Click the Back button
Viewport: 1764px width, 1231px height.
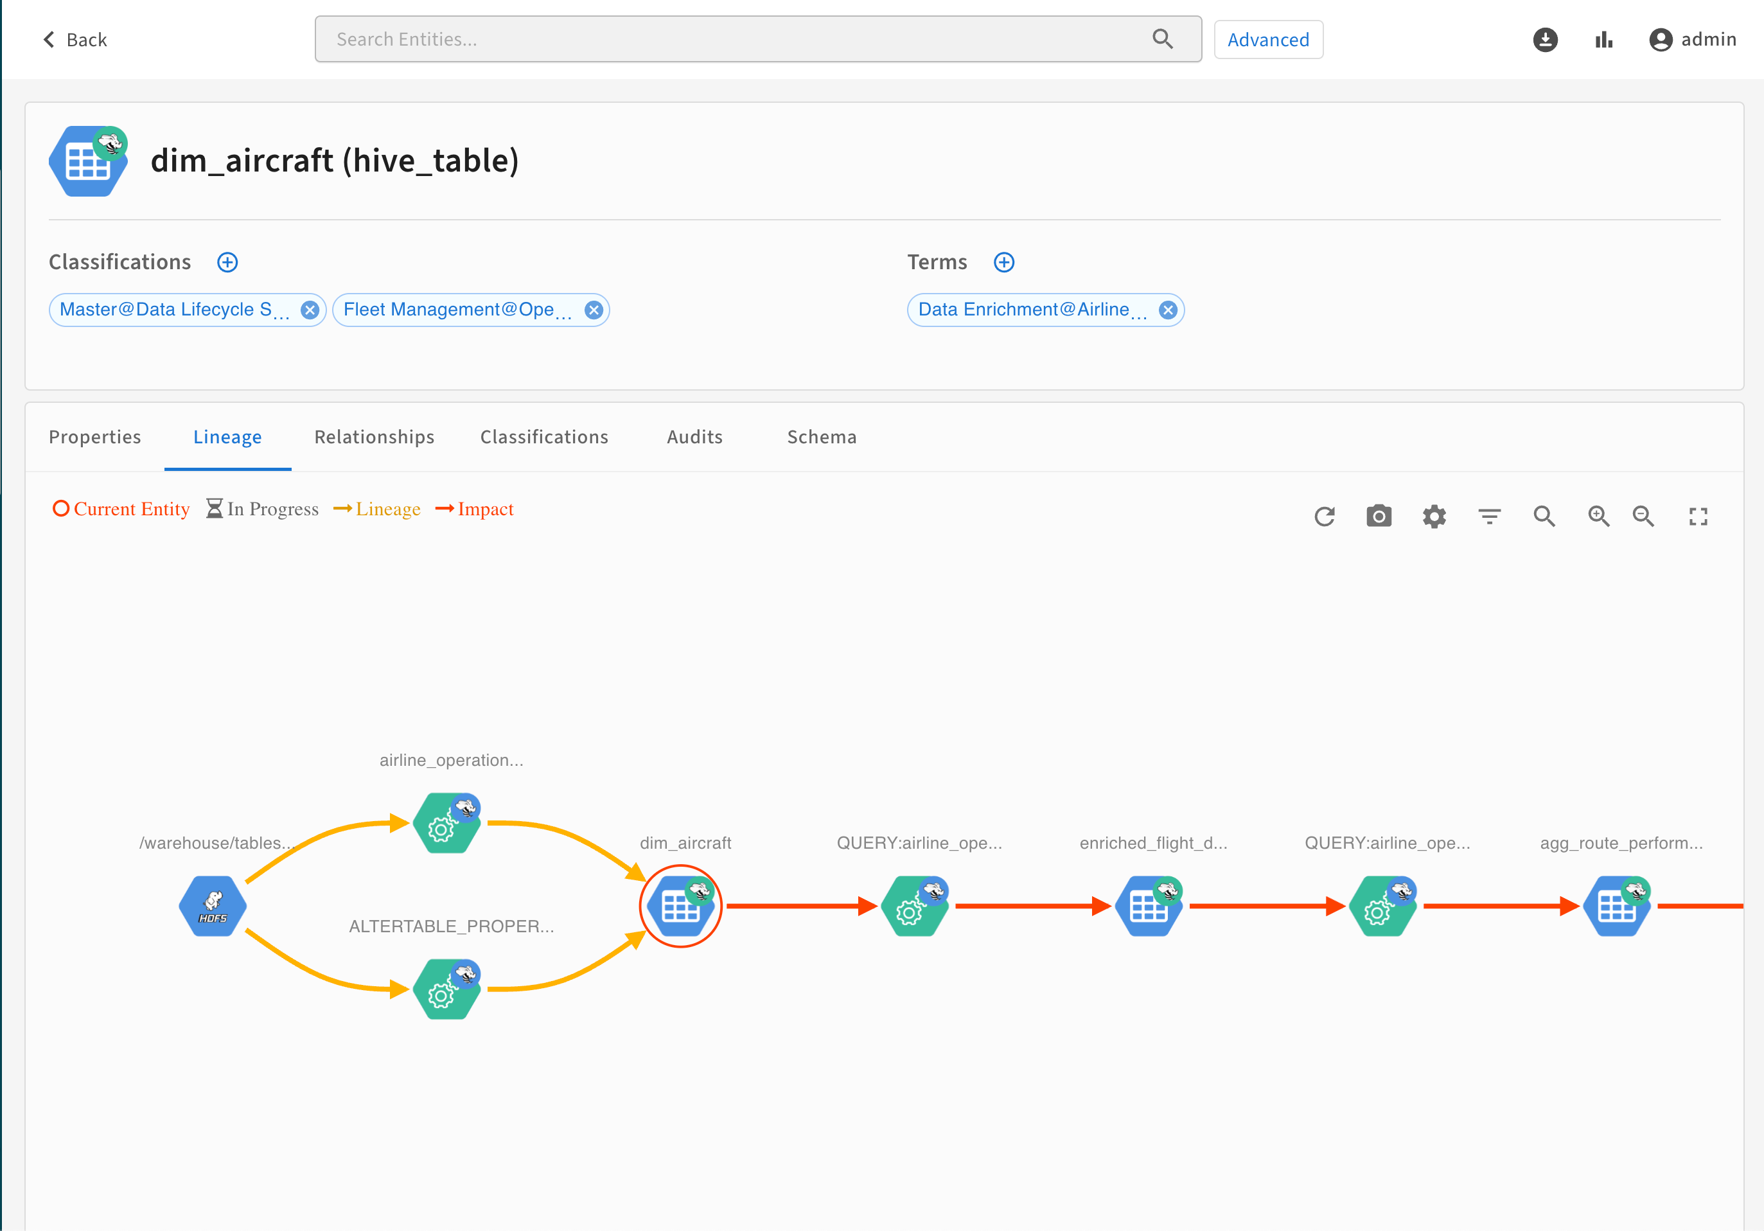[x=75, y=40]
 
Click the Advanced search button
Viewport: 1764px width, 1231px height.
[x=1267, y=40]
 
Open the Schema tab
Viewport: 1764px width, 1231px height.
[x=822, y=438]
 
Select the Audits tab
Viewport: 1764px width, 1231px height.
[x=694, y=438]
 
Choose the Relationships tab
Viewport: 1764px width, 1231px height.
[x=374, y=438]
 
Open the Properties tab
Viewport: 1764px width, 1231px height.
[x=95, y=438]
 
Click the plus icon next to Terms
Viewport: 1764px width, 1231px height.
[x=1004, y=263]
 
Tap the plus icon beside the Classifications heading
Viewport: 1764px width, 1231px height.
[x=227, y=263]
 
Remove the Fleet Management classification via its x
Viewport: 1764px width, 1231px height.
[x=593, y=310]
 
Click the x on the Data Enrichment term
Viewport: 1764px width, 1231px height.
[x=1168, y=310]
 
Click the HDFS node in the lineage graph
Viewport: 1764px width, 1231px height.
[x=213, y=906]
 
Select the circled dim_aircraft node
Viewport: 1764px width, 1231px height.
[x=681, y=906]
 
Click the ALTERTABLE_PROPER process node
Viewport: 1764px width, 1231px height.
[x=446, y=989]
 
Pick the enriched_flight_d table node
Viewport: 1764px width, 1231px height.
[x=1149, y=906]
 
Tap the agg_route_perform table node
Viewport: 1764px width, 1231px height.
[x=1616, y=906]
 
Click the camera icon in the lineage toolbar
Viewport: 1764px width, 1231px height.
[x=1379, y=517]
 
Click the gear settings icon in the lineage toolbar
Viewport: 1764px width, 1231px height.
[x=1434, y=517]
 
